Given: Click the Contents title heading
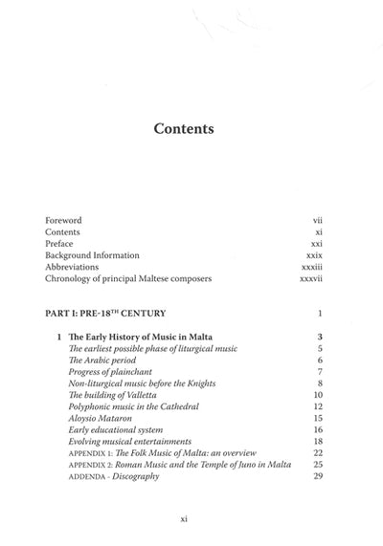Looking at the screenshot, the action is pos(191,130).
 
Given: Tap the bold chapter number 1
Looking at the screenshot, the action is pos(59,338).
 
